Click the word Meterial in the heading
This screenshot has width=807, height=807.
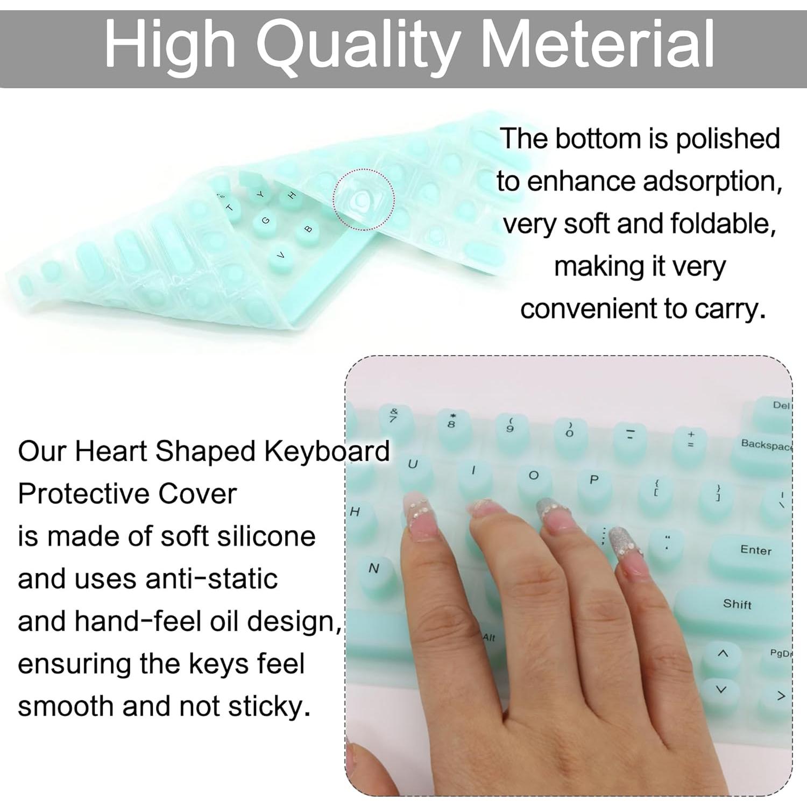tap(601, 44)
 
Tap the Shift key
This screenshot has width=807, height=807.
tap(737, 605)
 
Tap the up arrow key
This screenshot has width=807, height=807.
tap(723, 654)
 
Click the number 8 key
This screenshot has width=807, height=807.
tap(452, 423)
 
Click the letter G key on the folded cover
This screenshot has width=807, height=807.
tap(265, 221)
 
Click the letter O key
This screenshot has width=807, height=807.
tap(533, 476)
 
